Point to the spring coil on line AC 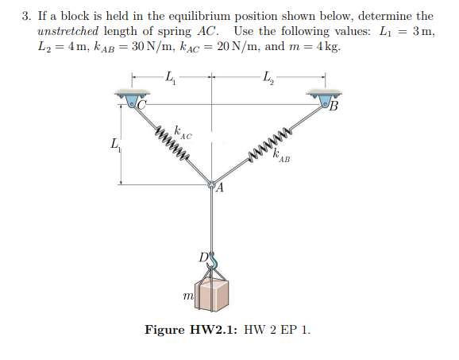pyautogui.click(x=171, y=140)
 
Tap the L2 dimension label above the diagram pyautogui.click(x=267, y=77)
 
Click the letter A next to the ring pyautogui.click(x=220, y=189)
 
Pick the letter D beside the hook pyautogui.click(x=204, y=255)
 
